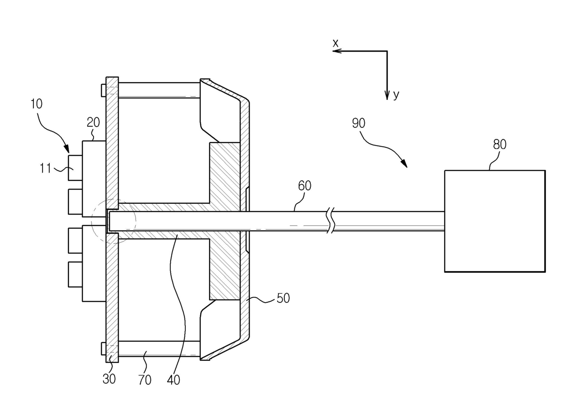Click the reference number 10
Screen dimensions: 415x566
(x=37, y=104)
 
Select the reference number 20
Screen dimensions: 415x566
(x=93, y=122)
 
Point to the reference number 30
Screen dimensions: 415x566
(x=109, y=378)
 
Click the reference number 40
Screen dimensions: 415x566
(x=174, y=379)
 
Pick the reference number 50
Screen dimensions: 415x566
(x=283, y=298)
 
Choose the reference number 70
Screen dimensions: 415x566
(x=145, y=379)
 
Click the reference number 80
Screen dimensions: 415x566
(x=499, y=145)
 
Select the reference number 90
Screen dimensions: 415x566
(x=358, y=123)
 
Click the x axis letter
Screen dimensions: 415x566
(x=335, y=43)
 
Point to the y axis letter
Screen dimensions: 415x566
(x=396, y=95)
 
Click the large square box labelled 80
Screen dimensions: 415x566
(x=495, y=221)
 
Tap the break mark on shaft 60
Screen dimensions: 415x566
(x=332, y=221)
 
